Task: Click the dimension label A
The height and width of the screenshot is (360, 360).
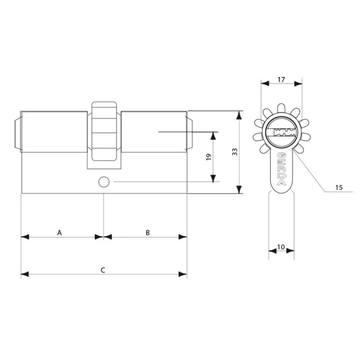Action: coord(59,233)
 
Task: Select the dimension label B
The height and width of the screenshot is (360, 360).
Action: coord(148,233)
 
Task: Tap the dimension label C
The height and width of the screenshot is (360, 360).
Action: coord(103,270)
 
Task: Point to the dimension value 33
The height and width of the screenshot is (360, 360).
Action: coord(234,152)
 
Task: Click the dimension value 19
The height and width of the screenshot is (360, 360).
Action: coord(209,157)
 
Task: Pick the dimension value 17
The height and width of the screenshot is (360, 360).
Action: coord(281,80)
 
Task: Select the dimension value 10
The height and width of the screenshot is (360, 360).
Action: coord(281,247)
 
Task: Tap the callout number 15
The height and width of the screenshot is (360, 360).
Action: coord(339,188)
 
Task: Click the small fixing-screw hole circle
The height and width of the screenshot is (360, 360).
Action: coord(104,182)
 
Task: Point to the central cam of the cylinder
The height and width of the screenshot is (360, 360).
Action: coord(104,131)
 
